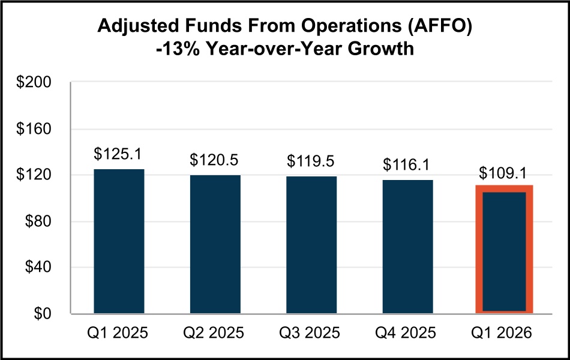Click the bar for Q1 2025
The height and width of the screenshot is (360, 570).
point(119,241)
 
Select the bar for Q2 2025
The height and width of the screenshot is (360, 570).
point(215,244)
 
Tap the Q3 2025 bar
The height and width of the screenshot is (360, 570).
point(311,245)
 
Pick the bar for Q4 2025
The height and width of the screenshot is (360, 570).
point(408,247)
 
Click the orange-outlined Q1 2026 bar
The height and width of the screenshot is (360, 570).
point(504,250)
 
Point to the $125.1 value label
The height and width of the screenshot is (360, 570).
point(118,154)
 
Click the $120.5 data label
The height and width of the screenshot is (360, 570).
point(215,160)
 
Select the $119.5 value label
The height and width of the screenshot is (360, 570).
point(311,161)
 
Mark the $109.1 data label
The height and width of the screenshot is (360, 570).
point(504,173)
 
